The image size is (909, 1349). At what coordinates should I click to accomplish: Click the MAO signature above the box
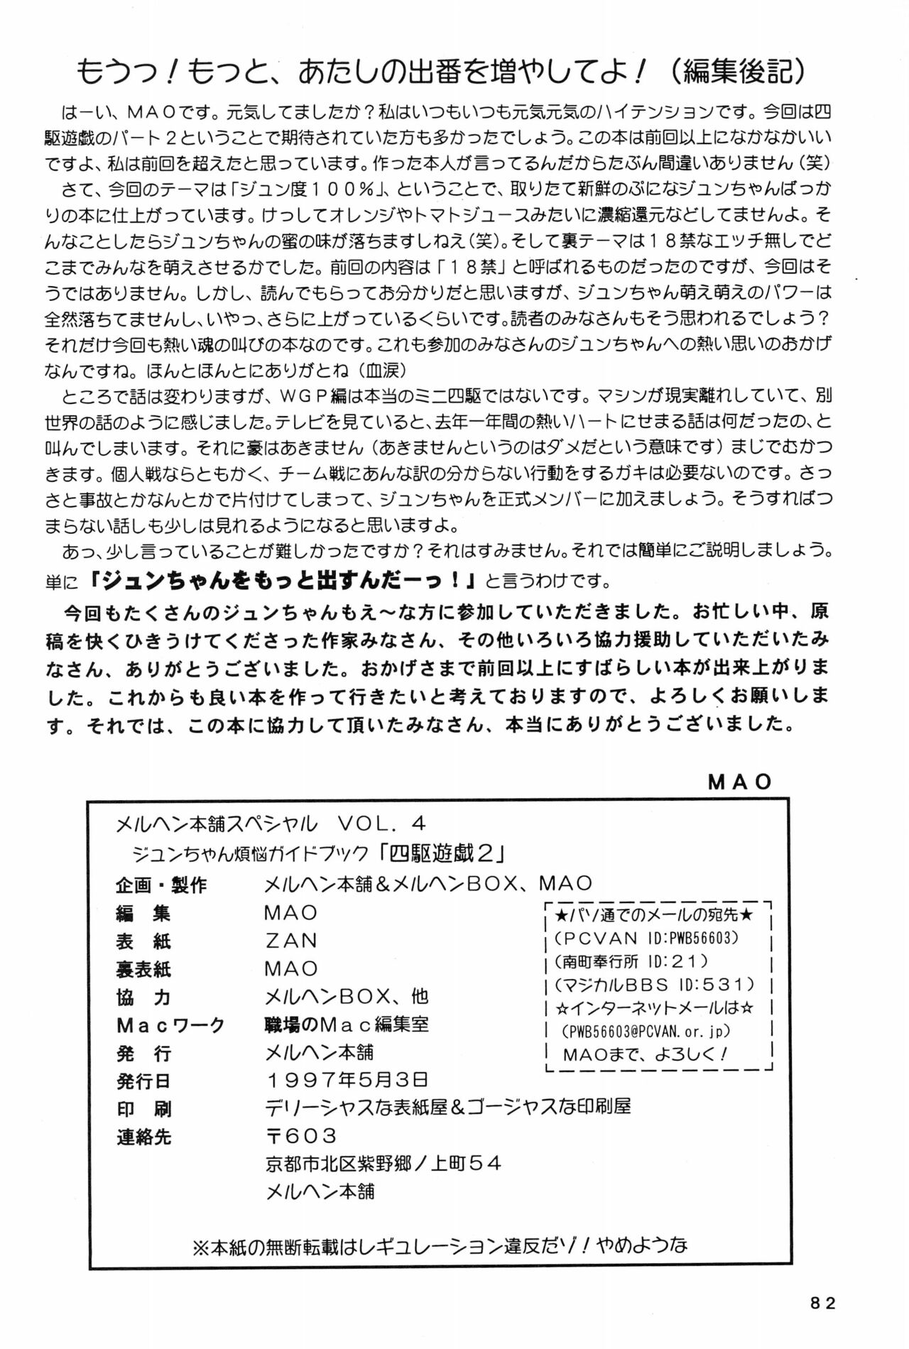740,782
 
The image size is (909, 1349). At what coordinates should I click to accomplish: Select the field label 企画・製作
161,885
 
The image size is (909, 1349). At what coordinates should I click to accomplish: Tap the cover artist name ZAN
291,941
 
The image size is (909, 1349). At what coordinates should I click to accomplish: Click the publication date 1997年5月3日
347,1080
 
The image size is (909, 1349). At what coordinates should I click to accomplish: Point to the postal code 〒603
301,1136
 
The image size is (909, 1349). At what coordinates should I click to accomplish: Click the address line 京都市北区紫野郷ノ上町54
383,1164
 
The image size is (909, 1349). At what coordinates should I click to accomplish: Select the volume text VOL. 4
381,824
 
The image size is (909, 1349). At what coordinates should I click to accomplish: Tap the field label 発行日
143,1081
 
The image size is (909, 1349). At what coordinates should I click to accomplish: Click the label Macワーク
170,1025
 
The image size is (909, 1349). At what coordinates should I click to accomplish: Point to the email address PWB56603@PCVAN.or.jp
646,1031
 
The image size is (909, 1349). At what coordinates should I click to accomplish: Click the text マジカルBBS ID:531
655,985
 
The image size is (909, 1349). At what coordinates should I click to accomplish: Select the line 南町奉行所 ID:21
631,961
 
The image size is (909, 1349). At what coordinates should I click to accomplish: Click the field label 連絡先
143,1137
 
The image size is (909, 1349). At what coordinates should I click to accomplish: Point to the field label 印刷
143,1109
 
